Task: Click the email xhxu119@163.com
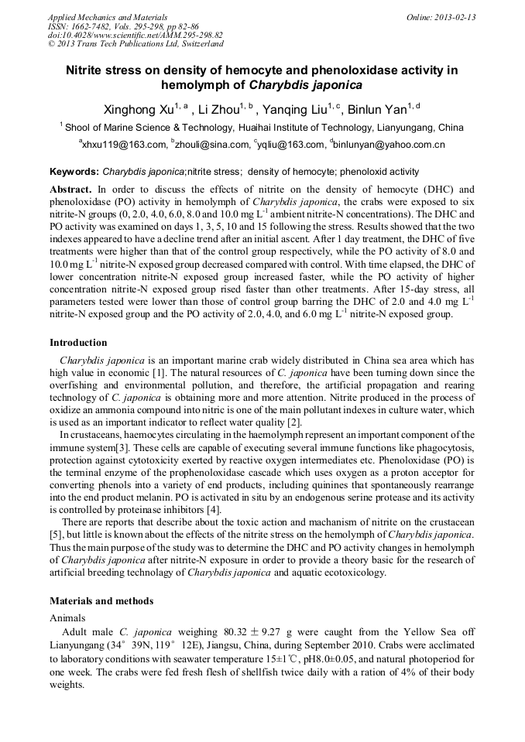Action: (124, 145)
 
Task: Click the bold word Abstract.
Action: (70, 189)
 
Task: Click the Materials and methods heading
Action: (101, 600)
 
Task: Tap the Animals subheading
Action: (67, 618)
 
